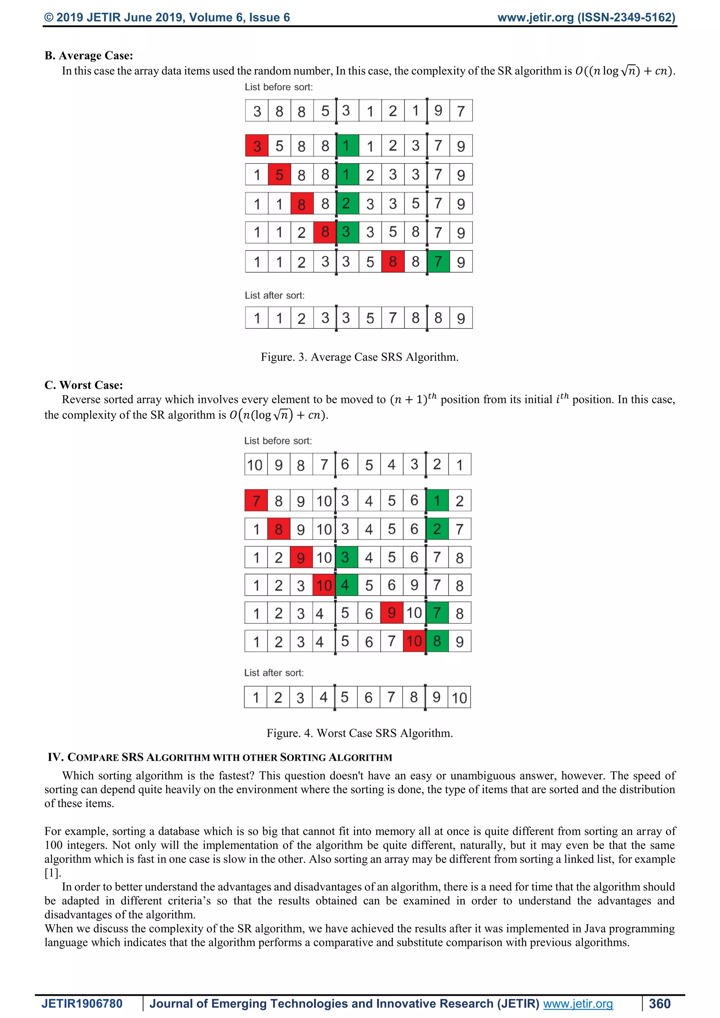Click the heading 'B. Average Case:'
pos(89,56)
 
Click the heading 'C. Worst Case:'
pos(83,385)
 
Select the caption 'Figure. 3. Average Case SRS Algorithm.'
pos(360,357)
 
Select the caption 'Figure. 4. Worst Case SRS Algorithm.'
pos(360,733)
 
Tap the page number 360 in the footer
pos(660,1003)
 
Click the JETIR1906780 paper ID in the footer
pos(82,1003)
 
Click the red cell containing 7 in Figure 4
pos(256,501)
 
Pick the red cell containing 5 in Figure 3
pos(279,175)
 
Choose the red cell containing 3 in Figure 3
pos(257,146)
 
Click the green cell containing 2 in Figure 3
pos(347,204)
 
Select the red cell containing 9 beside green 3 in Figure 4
pos(301,557)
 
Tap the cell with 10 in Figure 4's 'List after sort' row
pos(459,697)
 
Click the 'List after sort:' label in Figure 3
pos(275,295)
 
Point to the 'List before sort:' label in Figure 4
pos(278,441)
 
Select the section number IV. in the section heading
pos(56,757)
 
